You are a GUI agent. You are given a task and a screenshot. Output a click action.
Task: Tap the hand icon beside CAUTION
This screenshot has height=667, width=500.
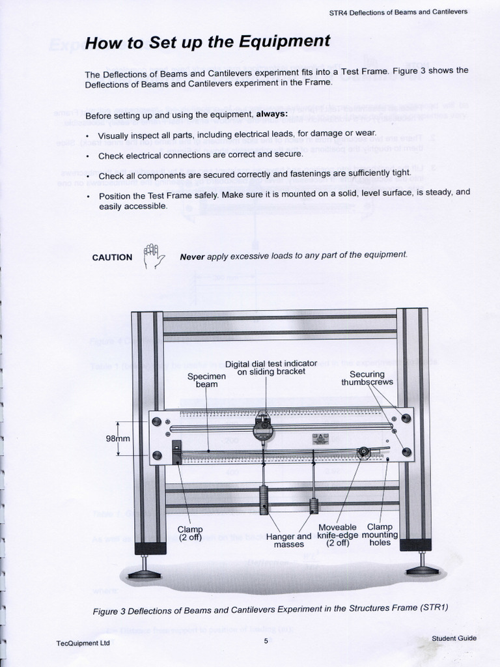(x=154, y=256)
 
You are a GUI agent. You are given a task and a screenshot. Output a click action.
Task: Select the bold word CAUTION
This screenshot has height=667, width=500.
(x=112, y=257)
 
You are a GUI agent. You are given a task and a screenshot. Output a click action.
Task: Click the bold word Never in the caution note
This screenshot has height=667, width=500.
(x=191, y=256)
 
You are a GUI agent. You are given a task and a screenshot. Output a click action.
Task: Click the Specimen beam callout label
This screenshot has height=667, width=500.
(x=206, y=380)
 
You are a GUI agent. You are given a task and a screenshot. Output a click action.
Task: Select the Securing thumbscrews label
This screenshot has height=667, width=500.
(x=367, y=378)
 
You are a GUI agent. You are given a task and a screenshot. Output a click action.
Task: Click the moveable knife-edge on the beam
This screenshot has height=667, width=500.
(x=363, y=451)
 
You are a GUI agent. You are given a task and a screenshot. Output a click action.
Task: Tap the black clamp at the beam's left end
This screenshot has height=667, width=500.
(x=176, y=451)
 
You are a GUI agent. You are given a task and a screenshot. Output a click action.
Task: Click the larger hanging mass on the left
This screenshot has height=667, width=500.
(x=264, y=500)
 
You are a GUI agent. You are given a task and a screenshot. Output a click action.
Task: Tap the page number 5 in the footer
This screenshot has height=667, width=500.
(x=266, y=641)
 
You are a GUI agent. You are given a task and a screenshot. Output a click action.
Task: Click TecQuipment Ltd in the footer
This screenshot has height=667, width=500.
(x=83, y=643)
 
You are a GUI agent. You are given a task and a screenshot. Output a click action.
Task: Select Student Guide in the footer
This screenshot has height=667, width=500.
(x=454, y=638)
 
